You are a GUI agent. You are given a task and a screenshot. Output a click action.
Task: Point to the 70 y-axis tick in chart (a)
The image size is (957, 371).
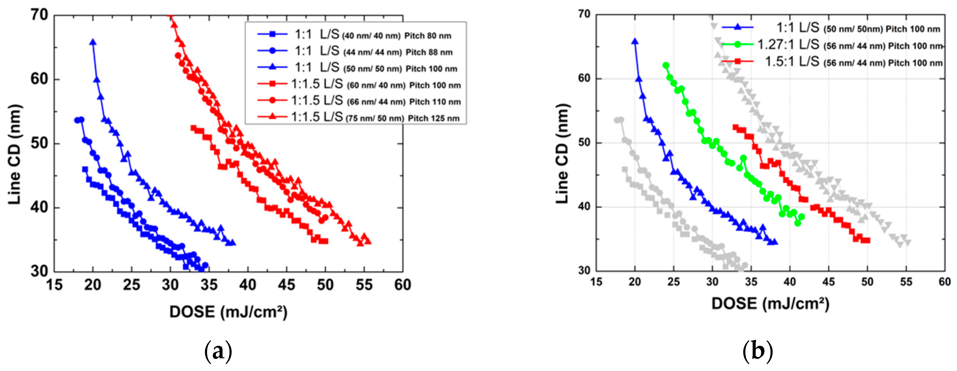point(39,15)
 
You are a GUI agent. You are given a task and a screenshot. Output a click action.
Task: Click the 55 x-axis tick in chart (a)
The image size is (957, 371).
point(364,285)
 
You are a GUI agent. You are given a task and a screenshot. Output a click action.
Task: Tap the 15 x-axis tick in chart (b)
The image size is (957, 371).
point(596,282)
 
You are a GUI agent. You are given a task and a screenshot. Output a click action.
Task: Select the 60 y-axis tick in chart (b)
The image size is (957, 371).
point(584,79)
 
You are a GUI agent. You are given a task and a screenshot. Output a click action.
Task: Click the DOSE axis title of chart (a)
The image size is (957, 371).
point(228,312)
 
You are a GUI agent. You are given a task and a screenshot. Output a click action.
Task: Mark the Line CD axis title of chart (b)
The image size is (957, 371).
point(563,153)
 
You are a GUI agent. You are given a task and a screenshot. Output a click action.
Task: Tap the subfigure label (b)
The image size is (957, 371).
point(757,351)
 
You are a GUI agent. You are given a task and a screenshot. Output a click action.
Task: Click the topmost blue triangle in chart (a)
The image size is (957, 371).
point(93,42)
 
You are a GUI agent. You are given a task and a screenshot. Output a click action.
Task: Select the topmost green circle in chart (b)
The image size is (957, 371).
point(666,66)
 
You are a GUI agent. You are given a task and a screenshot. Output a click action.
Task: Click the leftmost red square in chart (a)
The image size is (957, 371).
point(193,128)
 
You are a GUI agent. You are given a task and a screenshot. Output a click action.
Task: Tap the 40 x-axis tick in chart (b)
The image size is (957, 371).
point(790,282)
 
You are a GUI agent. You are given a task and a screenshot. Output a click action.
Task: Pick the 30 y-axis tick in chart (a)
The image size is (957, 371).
point(39,271)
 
